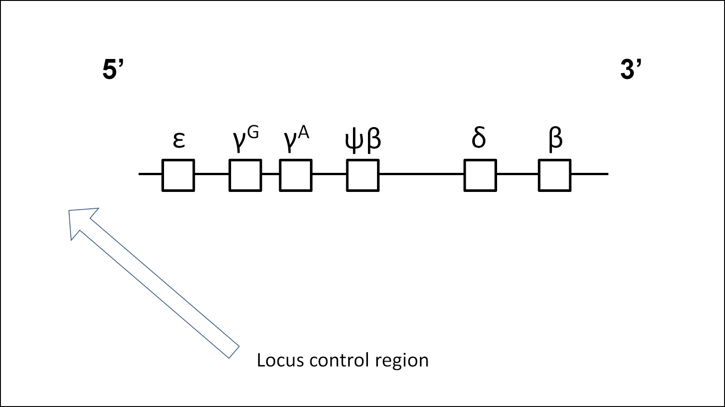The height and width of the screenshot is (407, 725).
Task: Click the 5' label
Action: (113, 70)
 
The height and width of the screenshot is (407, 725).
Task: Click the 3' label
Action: (631, 70)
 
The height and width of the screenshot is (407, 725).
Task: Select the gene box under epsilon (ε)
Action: (178, 175)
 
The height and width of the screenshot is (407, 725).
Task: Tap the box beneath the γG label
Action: (245, 175)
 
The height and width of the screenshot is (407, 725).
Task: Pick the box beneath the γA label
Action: (295, 175)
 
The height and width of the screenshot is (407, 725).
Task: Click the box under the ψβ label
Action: (362, 175)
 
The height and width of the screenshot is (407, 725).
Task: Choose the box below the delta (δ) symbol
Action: (480, 175)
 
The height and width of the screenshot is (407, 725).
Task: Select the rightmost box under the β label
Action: (554, 175)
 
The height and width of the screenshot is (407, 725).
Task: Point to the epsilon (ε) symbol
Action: (179, 140)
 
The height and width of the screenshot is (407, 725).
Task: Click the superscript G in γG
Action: (253, 133)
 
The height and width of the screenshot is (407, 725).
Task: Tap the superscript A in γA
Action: (303, 133)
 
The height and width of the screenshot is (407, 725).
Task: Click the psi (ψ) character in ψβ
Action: (354, 140)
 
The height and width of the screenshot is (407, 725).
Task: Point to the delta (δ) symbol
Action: (478, 137)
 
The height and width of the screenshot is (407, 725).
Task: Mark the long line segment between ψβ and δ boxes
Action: (421, 174)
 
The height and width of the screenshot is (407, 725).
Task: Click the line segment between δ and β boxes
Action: (517, 174)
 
